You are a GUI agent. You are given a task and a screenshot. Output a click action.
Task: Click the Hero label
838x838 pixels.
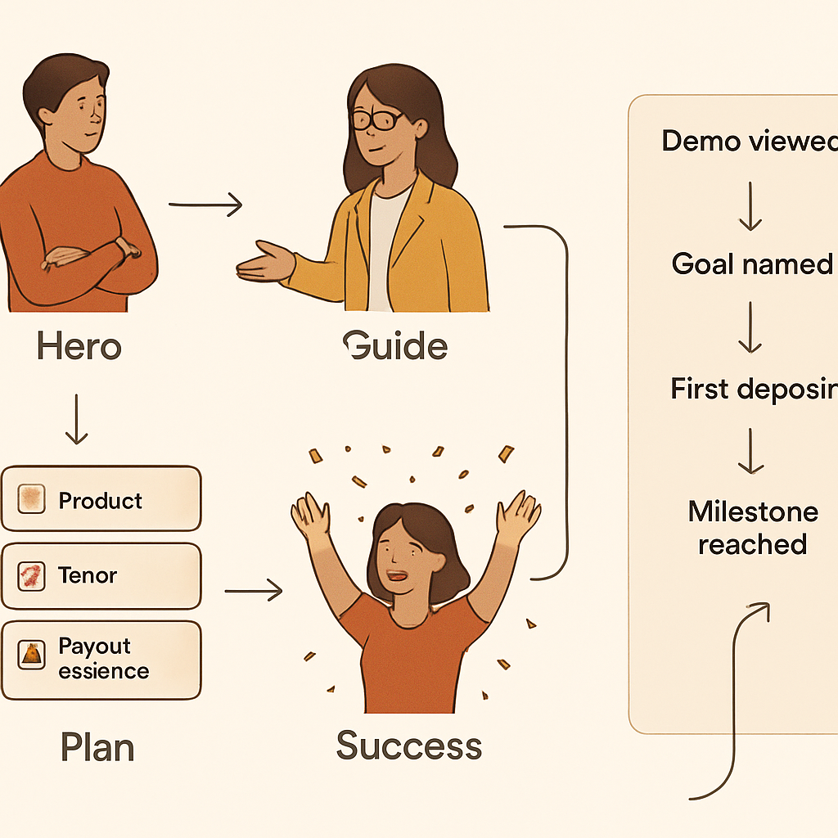point(79,347)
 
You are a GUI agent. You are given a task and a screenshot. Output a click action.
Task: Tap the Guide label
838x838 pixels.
point(396,347)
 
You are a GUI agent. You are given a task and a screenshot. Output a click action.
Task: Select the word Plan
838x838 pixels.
point(97,747)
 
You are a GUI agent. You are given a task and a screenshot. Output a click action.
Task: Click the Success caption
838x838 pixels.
point(408,746)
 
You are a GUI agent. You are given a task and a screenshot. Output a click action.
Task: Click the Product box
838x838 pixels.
point(101,499)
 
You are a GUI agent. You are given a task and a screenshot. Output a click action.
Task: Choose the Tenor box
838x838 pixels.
point(101,576)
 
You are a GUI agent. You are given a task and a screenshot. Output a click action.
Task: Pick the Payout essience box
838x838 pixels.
point(101,660)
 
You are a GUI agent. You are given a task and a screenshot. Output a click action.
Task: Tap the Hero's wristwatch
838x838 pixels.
point(124,246)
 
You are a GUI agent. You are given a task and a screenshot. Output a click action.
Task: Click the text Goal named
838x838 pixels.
point(751,264)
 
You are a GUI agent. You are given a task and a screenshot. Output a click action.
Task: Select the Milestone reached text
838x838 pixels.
point(753,528)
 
